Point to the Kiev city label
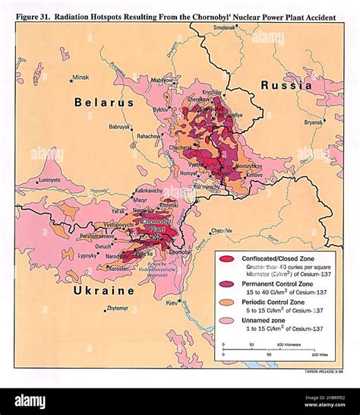(173, 303)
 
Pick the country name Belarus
(103, 102)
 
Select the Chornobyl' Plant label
(157, 225)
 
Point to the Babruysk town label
(120, 127)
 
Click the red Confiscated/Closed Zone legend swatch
(226, 259)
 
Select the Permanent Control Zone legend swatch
(226, 284)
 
